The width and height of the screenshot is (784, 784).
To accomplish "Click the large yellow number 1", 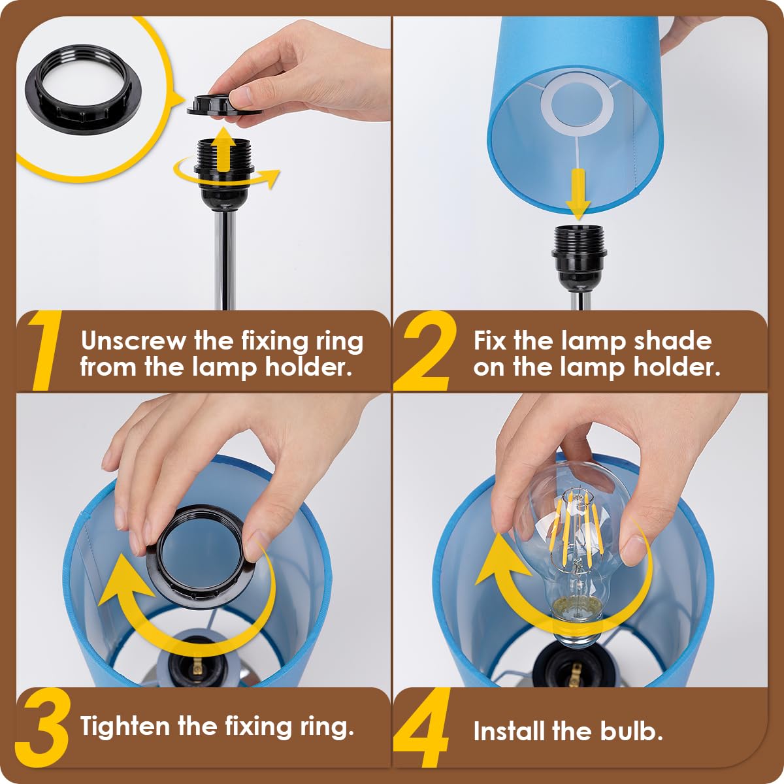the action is point(46,351).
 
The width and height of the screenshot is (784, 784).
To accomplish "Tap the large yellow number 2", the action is point(425,351).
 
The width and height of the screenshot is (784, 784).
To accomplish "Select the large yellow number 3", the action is point(42,728).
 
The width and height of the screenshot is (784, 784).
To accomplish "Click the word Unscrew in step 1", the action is point(133,340).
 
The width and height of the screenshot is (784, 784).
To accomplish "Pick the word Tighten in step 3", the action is point(125,727).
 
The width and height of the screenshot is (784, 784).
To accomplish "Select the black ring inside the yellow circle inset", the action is point(84,85).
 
